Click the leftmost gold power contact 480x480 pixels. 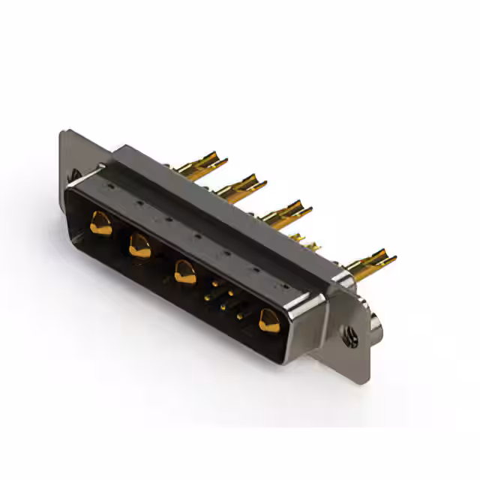click(x=100, y=223)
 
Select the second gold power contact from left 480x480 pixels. click(x=139, y=244)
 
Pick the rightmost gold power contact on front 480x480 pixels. click(x=268, y=320)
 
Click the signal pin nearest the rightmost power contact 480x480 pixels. click(x=240, y=316)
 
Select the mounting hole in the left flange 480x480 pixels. click(x=75, y=175)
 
